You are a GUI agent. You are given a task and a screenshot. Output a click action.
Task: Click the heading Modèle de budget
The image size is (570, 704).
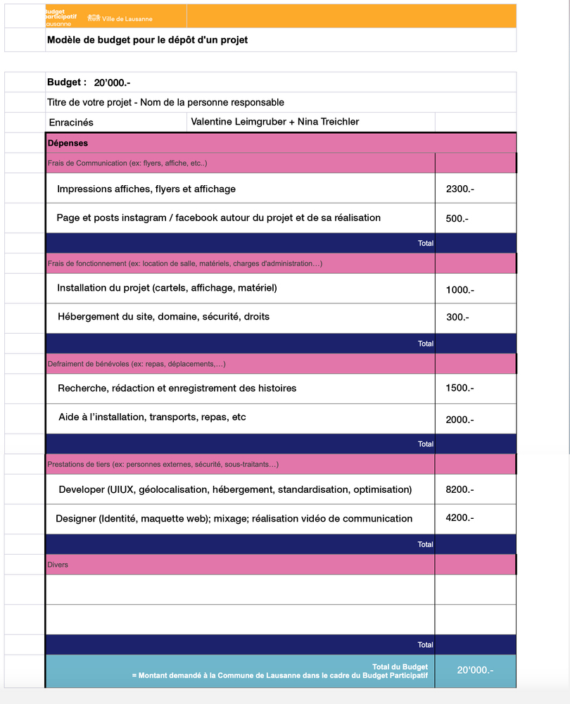(x=147, y=40)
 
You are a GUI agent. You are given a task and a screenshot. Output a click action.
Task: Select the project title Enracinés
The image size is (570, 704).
(x=71, y=122)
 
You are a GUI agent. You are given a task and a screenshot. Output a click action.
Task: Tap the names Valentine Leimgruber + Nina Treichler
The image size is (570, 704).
(x=275, y=122)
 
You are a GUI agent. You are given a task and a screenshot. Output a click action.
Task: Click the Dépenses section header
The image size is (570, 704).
(x=68, y=143)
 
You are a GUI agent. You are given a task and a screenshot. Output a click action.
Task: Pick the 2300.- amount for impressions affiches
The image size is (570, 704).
(x=460, y=189)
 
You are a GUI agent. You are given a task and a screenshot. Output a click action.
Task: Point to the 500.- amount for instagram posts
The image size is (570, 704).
(x=457, y=218)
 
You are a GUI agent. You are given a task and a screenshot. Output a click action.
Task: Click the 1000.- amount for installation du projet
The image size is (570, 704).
(x=460, y=290)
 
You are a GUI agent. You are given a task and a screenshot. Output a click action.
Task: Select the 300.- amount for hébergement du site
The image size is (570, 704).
(x=457, y=318)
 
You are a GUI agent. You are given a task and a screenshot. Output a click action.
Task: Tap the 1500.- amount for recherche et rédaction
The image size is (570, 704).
(x=460, y=389)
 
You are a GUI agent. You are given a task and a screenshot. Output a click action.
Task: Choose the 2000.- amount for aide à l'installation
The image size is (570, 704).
(x=460, y=420)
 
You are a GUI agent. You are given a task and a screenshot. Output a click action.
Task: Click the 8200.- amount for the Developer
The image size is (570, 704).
(x=460, y=489)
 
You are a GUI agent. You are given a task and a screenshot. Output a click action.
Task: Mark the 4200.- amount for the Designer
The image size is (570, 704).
(x=460, y=517)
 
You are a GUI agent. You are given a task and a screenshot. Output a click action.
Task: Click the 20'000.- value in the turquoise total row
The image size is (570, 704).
(x=475, y=670)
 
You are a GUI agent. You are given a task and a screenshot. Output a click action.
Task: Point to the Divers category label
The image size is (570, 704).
(x=58, y=565)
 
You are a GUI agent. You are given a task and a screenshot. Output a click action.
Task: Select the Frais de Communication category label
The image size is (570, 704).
(x=127, y=163)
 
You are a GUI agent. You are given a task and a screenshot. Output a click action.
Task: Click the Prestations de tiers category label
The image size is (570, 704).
(x=163, y=465)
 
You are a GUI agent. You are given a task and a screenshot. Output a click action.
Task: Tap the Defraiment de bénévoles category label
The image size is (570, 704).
(x=136, y=364)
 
